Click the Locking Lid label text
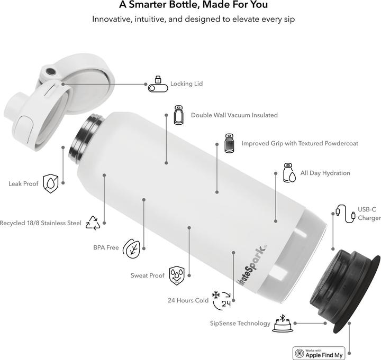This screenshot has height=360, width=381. tap(186, 84)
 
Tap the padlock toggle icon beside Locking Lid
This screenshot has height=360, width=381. tap(157, 84)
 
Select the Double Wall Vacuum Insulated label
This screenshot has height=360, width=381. tap(234, 115)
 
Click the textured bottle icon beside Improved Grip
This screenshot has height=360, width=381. tap(229, 143)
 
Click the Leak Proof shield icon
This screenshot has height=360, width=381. tap(50, 183)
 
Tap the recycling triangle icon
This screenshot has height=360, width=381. tap(93, 223)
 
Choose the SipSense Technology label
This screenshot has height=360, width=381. tap(240, 323)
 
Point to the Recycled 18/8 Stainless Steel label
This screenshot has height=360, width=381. tap(41, 223)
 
